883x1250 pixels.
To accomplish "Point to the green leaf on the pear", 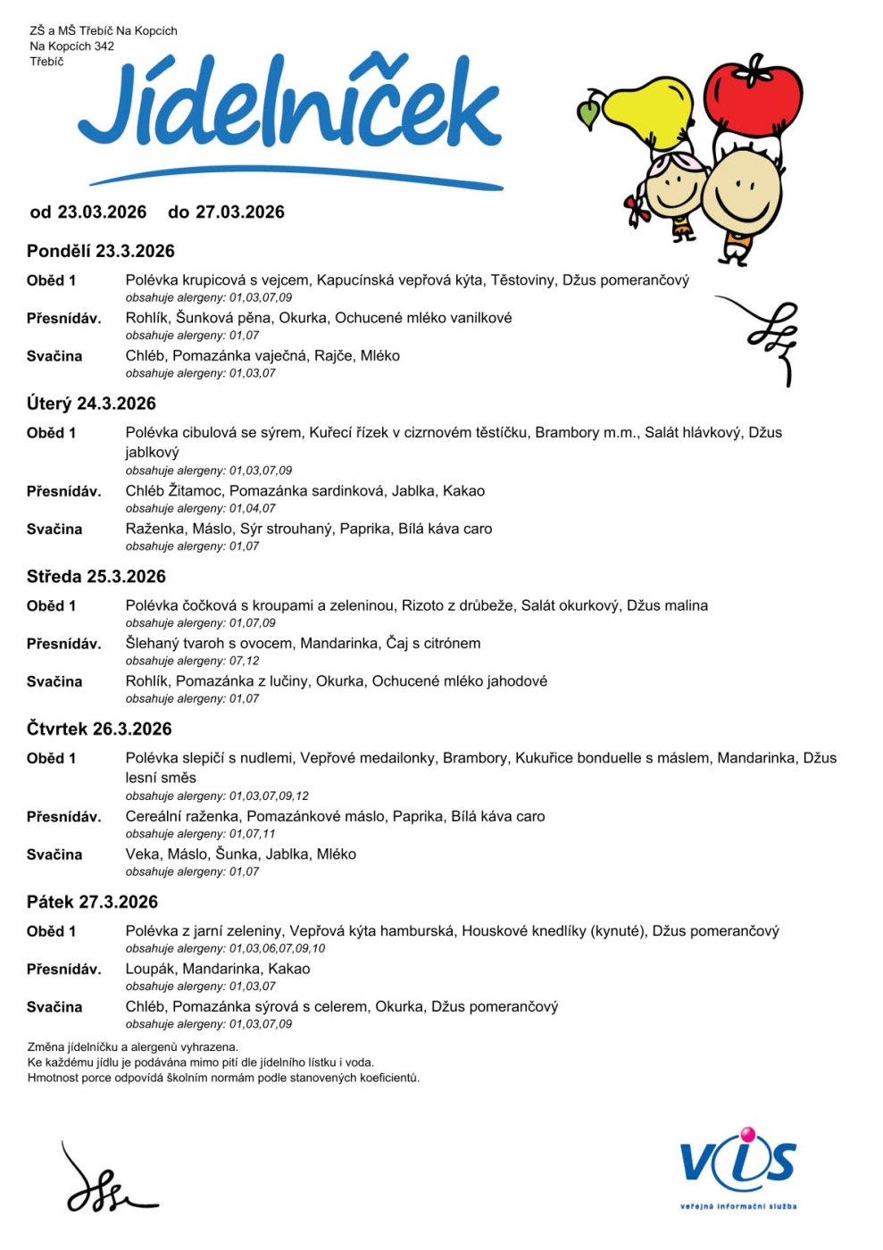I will click(x=589, y=113).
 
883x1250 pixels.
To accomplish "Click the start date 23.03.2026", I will click(x=102, y=212).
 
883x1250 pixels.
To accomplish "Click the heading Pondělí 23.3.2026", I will click(x=101, y=251).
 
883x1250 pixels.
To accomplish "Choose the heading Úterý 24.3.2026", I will click(x=91, y=404).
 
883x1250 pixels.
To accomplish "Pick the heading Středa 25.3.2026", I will click(x=96, y=577).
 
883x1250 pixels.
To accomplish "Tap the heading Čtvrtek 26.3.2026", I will click(x=99, y=729).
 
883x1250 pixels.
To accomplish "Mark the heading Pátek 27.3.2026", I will click(x=92, y=902).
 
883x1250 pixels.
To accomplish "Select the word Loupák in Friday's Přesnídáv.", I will click(x=150, y=969).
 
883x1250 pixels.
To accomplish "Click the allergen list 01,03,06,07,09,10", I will click(x=277, y=948).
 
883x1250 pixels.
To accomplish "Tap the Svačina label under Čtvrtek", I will click(x=54, y=854).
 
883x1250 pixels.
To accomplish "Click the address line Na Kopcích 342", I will click(x=71, y=46).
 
